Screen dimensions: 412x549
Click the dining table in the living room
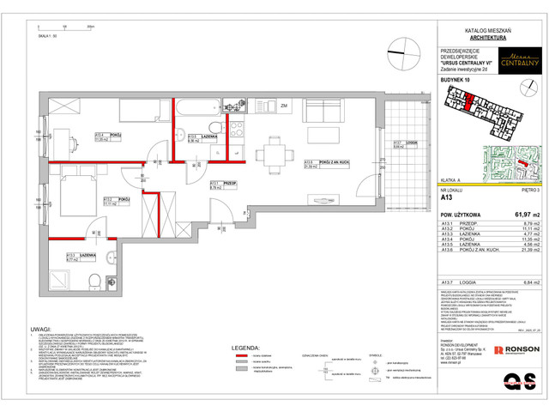(x=275, y=154)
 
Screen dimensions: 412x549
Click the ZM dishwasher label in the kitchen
(x=282, y=106)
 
